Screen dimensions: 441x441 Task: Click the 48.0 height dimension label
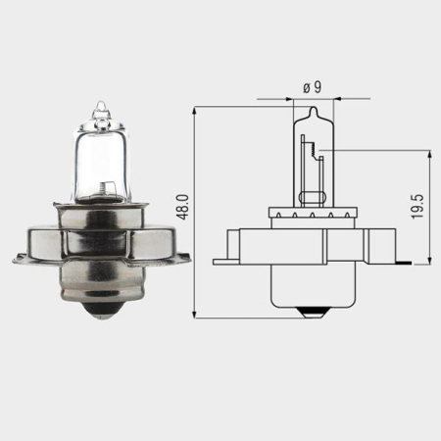[x=181, y=209]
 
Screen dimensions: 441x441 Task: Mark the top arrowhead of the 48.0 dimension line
[x=197, y=109]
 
